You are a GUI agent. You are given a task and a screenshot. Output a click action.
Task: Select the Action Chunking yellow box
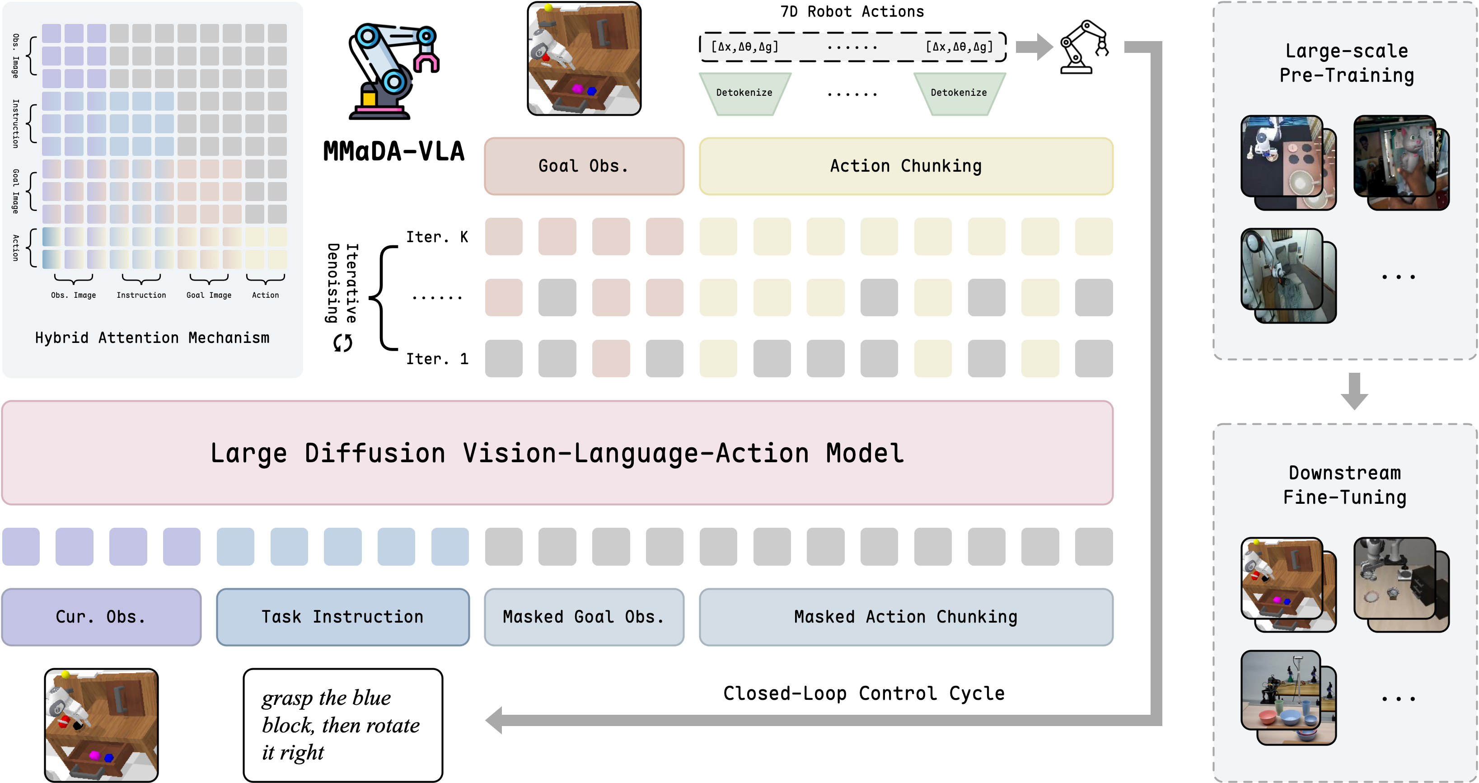(x=905, y=166)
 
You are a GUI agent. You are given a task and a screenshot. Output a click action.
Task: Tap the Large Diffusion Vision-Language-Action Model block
(x=557, y=453)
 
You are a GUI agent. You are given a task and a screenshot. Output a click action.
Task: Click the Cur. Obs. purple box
(x=101, y=617)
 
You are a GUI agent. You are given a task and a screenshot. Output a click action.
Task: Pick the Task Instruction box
(x=343, y=617)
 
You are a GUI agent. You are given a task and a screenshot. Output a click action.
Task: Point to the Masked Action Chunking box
(x=905, y=617)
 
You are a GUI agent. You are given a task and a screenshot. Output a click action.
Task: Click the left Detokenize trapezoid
(x=744, y=93)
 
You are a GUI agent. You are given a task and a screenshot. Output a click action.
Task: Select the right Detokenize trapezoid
(x=959, y=93)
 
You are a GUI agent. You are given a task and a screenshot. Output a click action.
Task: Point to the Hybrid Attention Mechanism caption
(x=152, y=338)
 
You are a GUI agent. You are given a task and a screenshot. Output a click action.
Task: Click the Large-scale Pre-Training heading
(x=1346, y=63)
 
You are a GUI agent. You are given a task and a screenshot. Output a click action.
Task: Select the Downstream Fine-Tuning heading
(x=1345, y=485)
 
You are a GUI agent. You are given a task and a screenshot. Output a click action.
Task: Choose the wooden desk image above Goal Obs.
(x=584, y=58)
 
